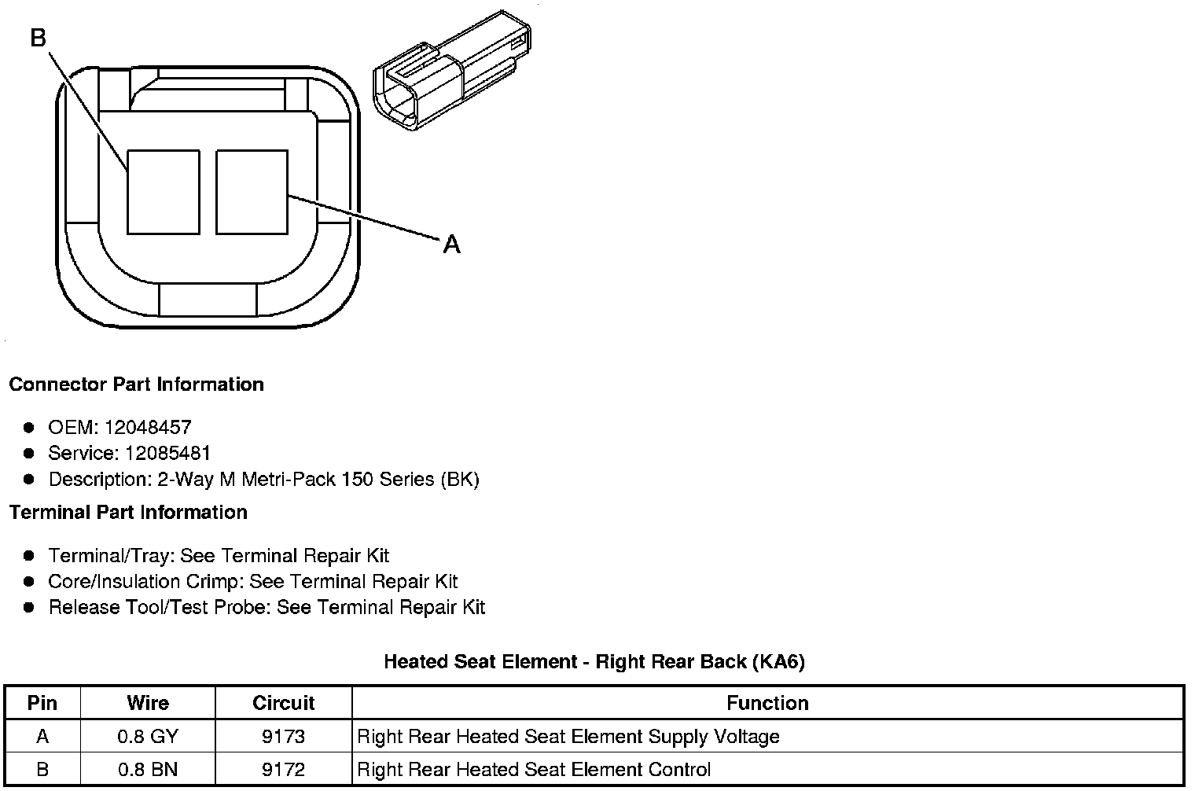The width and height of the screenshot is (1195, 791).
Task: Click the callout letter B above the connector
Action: [39, 37]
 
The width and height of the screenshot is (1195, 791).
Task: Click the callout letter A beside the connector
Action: [451, 245]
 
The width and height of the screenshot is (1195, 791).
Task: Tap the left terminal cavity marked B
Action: [163, 192]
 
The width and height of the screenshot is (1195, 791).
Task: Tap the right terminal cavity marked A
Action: [252, 192]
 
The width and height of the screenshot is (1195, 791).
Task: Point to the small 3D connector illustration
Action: [450, 72]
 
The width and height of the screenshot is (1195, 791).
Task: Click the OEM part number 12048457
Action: [147, 427]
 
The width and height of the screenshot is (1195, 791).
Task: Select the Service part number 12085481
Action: [167, 453]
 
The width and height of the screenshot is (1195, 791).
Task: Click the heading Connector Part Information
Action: [136, 384]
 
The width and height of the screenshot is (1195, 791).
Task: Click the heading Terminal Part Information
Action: [128, 513]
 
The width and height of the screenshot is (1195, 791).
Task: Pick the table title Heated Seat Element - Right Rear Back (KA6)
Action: [594, 662]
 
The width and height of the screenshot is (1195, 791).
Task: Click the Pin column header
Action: [42, 702]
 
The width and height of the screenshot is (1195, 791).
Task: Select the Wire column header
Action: [148, 702]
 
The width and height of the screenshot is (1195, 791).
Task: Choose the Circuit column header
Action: [283, 702]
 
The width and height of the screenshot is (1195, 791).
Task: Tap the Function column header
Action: [767, 702]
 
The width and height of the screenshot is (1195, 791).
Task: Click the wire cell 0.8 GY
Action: [148, 737]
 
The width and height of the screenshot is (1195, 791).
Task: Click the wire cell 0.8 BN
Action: [148, 769]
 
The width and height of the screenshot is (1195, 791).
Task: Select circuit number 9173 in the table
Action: [283, 737]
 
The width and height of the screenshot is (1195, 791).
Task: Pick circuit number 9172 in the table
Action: [283, 769]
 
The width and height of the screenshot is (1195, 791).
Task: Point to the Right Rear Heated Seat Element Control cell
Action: [534, 769]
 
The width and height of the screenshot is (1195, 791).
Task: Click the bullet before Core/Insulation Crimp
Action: [29, 582]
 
